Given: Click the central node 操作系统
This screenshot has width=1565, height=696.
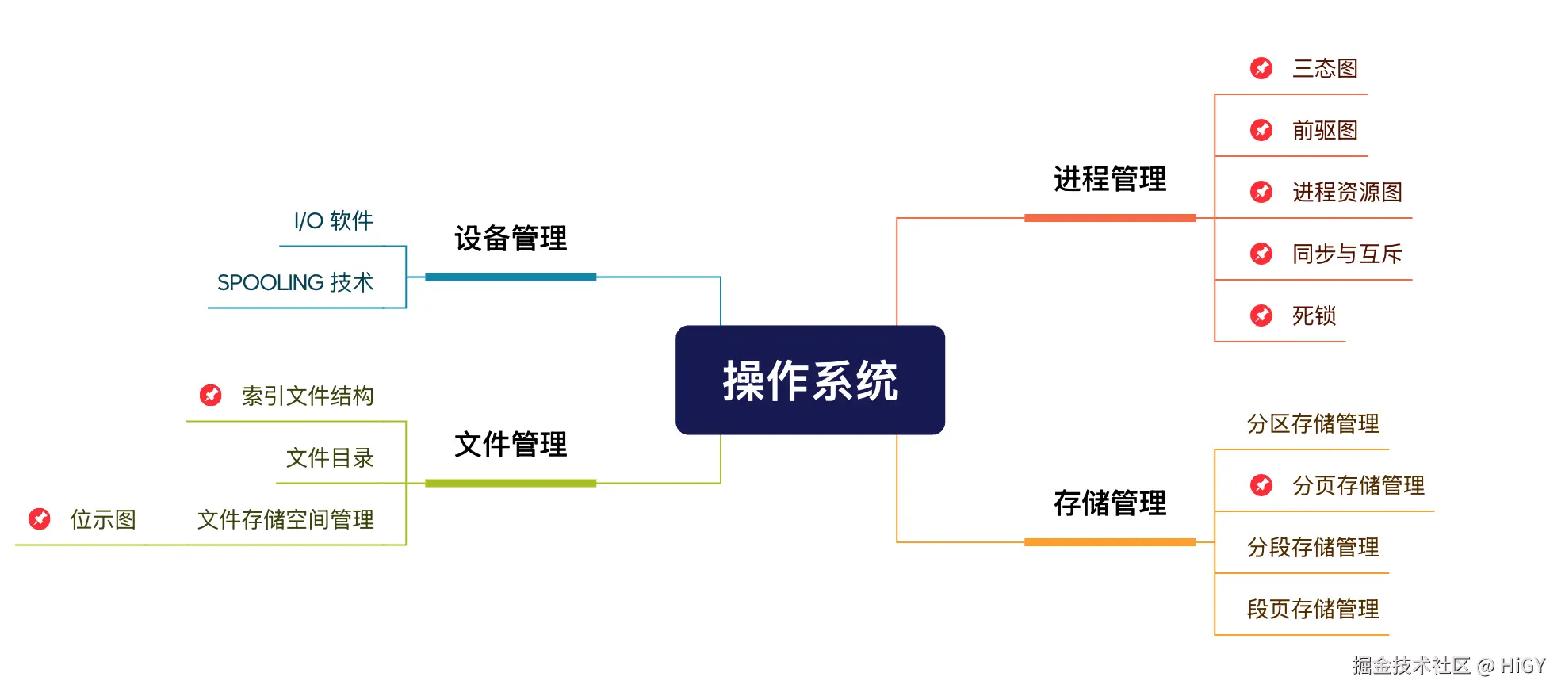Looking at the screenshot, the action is tap(809, 381).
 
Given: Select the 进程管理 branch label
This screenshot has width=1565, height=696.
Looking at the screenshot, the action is tap(1109, 179).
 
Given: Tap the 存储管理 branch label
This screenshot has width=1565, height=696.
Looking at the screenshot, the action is tap(1109, 503).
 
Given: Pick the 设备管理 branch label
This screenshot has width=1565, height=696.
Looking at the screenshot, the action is tap(511, 239).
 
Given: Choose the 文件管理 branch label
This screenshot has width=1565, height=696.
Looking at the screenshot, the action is tap(511, 445).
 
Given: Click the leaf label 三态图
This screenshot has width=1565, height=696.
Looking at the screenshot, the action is tap(1325, 69).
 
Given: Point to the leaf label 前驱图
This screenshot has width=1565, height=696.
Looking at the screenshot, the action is tap(1325, 131).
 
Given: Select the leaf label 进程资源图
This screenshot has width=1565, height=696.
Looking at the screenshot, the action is tap(1347, 193).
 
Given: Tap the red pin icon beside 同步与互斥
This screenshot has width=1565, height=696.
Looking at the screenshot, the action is tap(1261, 254).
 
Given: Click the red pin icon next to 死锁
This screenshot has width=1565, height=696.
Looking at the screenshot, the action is tap(1261, 315).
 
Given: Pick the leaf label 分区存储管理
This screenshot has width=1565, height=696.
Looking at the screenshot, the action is tap(1313, 424).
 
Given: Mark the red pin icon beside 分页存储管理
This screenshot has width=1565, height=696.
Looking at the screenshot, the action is tap(1261, 485).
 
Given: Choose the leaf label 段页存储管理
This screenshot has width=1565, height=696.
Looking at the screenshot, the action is tap(1313, 610).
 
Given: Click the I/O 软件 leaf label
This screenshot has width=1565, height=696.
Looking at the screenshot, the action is tap(333, 221).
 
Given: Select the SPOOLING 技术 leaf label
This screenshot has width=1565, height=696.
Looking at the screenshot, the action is tap(295, 283).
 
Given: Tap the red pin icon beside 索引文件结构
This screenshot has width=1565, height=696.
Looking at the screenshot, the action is tap(211, 395).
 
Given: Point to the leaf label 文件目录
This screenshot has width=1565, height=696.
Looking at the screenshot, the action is tap(329, 458).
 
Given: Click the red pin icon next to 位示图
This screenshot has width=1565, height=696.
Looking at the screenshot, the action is tap(40, 519).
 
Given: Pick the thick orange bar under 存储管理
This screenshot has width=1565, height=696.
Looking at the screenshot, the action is tap(1109, 542).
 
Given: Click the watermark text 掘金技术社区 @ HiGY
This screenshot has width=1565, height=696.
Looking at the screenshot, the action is tap(1448, 666).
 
